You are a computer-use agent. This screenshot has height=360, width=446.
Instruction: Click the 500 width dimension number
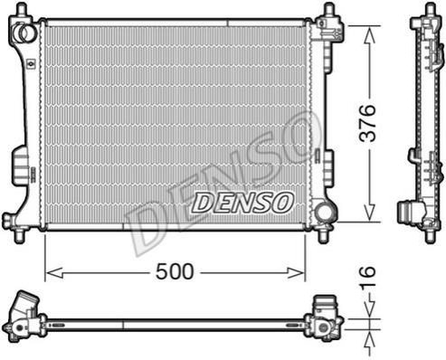pyautogui.click(x=175, y=271)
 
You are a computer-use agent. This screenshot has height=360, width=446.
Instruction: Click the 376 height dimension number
pyautogui.click(x=368, y=123)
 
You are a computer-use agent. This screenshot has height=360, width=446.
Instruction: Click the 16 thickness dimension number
pyautogui.click(x=368, y=272)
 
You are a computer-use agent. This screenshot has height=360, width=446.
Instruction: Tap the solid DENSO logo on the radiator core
pyautogui.click(x=242, y=203)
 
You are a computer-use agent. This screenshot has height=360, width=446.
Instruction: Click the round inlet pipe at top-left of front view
pyautogui.click(x=24, y=32)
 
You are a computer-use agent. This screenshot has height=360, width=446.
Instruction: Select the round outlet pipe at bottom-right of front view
pyautogui.click(x=325, y=213)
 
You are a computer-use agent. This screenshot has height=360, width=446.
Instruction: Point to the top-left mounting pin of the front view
pyautogui.click(x=20, y=9)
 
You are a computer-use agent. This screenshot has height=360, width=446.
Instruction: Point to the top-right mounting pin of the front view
pyautogui.click(x=328, y=10)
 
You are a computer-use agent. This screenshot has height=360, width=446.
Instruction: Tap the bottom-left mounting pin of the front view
pyautogui.click(x=20, y=235)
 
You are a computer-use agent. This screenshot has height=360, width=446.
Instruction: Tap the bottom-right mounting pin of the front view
pyautogui.click(x=324, y=235)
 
